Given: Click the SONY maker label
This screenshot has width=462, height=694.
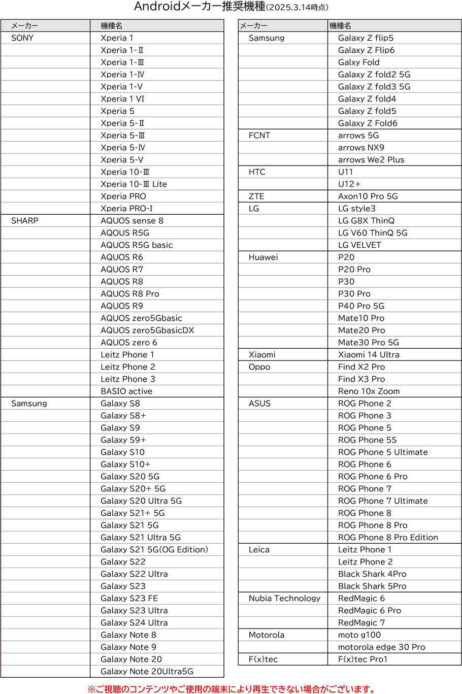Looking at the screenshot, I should click(22, 38).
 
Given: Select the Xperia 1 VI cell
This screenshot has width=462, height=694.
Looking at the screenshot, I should click(122, 99).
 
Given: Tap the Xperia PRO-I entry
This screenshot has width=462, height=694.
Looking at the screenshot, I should click(126, 209).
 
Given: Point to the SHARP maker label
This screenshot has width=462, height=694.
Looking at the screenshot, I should click(25, 221).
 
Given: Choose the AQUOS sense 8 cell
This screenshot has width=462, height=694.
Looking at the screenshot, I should click(132, 221).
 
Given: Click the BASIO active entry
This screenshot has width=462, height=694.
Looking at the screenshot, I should click(126, 391).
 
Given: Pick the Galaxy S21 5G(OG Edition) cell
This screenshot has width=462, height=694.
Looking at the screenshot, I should click(154, 550).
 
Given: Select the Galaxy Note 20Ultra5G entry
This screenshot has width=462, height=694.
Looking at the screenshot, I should click(147, 672).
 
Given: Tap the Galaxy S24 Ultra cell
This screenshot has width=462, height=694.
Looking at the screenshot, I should click(134, 623).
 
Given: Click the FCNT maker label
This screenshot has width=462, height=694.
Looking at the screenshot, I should click(259, 136).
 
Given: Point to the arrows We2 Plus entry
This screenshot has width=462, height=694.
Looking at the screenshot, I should click(371, 160).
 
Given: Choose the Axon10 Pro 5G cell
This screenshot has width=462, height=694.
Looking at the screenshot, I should click(368, 196).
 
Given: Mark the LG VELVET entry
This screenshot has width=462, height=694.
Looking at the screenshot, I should click(359, 245).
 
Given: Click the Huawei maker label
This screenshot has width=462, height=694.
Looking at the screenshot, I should click(263, 257).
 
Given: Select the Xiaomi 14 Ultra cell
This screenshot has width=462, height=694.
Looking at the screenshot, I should click(369, 355).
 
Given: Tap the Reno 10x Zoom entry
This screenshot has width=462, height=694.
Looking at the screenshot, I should click(369, 391).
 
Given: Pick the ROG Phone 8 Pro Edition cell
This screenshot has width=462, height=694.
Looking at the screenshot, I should click(388, 538).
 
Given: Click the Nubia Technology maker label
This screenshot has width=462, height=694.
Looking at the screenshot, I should click(285, 599).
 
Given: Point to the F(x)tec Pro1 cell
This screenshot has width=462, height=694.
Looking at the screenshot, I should click(363, 659).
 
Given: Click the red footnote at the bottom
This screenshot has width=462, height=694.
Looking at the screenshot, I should click(232, 689).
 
